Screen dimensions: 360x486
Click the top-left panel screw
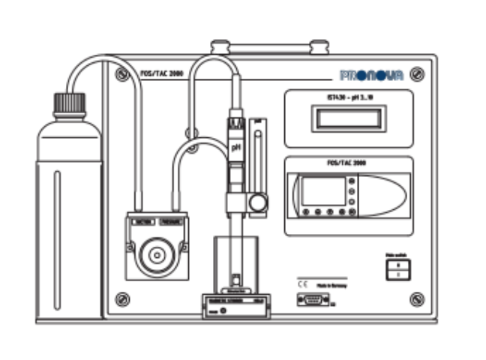(122, 73)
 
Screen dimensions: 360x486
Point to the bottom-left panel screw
(122, 300)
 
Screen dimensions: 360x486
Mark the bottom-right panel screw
(418, 300)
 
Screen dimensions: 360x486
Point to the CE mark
(302, 285)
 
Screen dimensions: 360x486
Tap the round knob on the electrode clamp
(259, 202)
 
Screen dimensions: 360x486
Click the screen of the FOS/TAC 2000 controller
(323, 191)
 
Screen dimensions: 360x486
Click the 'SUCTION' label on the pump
(142, 222)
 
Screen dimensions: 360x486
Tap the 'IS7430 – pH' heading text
(348, 98)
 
